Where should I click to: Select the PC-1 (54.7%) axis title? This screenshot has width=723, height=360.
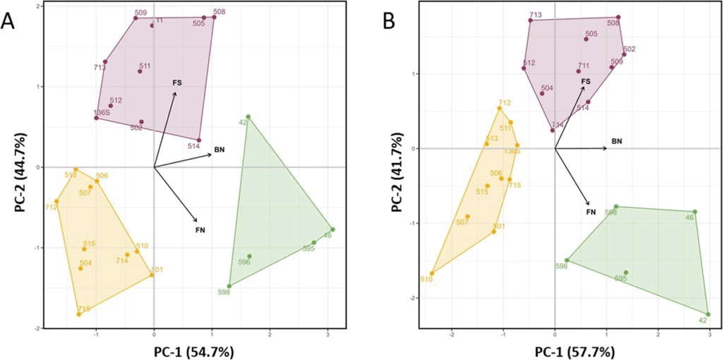click(194, 351)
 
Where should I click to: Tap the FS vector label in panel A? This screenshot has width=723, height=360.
click(177, 83)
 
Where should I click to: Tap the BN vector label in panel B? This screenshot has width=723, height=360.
click(616, 141)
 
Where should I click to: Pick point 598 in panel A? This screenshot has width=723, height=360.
click(229, 286)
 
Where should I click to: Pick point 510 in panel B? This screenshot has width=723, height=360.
click(431, 273)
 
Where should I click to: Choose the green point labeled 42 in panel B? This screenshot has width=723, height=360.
click(708, 314)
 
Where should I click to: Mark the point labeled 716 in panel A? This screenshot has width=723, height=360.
click(79, 314)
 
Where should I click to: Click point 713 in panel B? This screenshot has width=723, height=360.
click(530, 20)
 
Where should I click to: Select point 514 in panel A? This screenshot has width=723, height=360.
click(199, 140)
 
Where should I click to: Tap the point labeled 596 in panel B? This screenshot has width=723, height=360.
click(566, 260)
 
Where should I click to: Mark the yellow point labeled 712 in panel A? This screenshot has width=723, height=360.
click(56, 201)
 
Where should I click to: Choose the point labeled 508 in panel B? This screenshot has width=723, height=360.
click(619, 17)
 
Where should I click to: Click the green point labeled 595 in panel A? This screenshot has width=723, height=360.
click(313, 243)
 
